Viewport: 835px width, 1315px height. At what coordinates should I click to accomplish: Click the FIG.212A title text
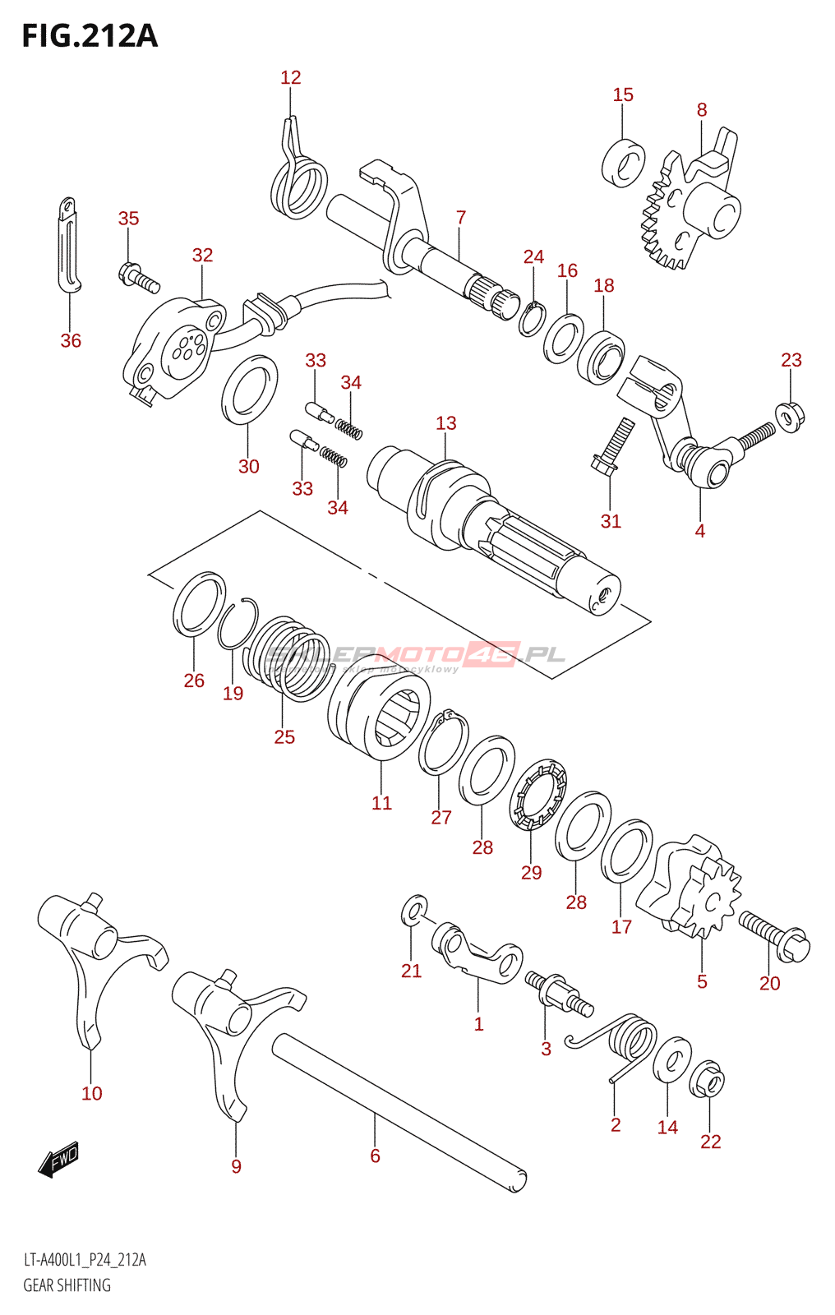click(89, 36)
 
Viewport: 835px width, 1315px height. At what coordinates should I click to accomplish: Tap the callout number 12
click(290, 78)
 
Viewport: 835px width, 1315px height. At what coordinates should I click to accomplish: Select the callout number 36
click(71, 340)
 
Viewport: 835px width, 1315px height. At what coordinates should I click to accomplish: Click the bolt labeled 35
click(138, 276)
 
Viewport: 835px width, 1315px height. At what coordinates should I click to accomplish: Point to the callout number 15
click(623, 95)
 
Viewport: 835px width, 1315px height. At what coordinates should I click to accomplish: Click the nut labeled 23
click(791, 416)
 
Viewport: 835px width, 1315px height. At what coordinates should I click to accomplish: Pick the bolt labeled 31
click(612, 448)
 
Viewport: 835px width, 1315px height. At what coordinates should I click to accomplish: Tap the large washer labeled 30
click(248, 390)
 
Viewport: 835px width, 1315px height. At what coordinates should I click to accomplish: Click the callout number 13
click(445, 423)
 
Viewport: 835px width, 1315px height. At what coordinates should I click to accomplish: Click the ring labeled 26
click(199, 605)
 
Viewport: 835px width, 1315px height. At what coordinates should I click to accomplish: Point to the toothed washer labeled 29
click(538, 795)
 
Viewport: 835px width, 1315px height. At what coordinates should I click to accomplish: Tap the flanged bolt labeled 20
click(774, 935)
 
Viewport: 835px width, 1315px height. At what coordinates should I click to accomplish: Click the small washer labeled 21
click(414, 910)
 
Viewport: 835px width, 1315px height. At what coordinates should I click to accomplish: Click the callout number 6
click(375, 1156)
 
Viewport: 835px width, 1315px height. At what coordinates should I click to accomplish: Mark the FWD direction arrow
click(59, 1160)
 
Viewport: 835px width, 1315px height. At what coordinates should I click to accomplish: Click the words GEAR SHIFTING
click(67, 1285)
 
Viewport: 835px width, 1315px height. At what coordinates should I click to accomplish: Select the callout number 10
click(92, 1093)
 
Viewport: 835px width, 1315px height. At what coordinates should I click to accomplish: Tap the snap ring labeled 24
click(532, 319)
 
